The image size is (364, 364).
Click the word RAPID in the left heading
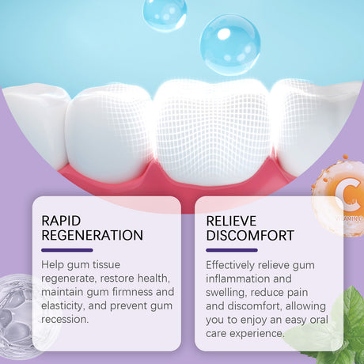pyautogui.click(x=61, y=219)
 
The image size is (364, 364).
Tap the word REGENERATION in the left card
pyautogui.click(x=92, y=235)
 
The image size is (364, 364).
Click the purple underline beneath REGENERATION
pyautogui.click(x=67, y=250)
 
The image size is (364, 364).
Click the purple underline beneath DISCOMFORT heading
pyautogui.click(x=231, y=250)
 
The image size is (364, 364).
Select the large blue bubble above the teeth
pyautogui.click(x=230, y=44)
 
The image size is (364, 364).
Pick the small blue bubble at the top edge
pyautogui.click(x=165, y=11)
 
